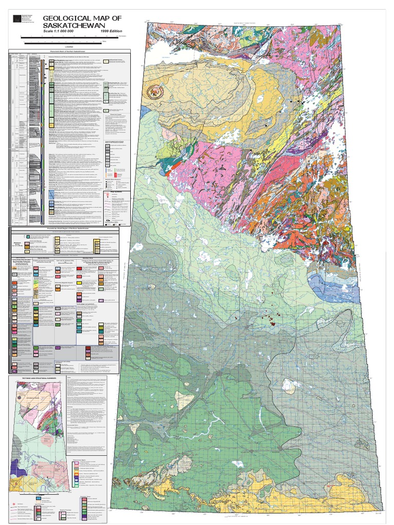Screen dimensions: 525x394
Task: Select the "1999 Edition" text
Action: tap(115, 31)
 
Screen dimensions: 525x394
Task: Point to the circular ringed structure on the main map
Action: tap(153, 92)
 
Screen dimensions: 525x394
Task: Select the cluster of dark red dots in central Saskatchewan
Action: tap(268, 320)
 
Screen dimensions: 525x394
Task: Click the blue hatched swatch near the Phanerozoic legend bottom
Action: tap(52, 195)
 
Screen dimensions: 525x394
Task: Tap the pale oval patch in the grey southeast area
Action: tap(289, 386)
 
